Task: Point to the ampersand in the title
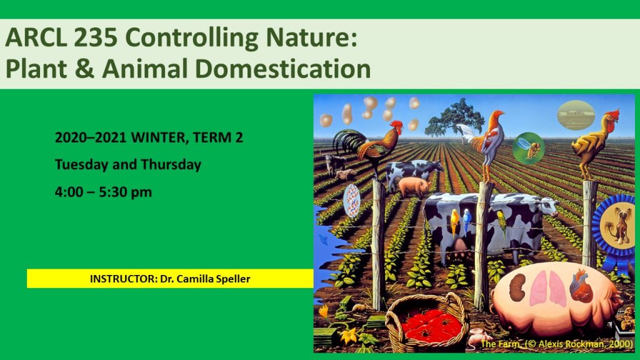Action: click(84, 69)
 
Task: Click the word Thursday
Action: click(171, 164)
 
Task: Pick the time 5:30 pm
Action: click(125, 192)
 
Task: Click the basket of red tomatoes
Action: click(427, 322)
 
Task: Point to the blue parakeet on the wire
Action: click(466, 221)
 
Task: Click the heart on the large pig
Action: click(581, 285)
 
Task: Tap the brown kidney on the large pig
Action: click(517, 287)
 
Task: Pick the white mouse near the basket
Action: click(478, 337)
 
